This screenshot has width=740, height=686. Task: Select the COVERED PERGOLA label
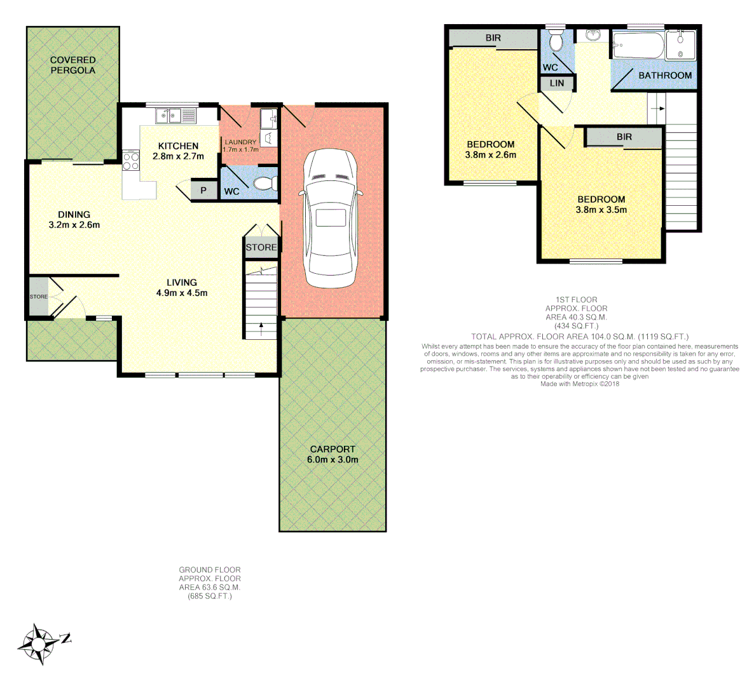[x=72, y=65]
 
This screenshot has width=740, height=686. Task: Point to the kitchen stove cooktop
[x=131, y=161]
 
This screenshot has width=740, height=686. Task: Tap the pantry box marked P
[x=203, y=190]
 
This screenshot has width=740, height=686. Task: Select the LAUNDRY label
[x=240, y=142]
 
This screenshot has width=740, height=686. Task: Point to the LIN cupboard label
[x=556, y=83]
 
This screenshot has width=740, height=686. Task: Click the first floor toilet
[x=556, y=41]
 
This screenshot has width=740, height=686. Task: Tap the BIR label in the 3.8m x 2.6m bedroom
[x=493, y=38]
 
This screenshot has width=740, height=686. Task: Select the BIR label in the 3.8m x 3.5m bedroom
[x=624, y=137]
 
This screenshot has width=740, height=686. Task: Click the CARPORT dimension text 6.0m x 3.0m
[x=332, y=459]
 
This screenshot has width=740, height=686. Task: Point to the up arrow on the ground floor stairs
[x=261, y=328]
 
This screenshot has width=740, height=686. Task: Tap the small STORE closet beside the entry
[x=38, y=297]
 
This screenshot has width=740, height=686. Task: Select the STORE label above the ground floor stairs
[x=261, y=247]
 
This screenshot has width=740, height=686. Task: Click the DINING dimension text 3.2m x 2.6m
[x=74, y=225]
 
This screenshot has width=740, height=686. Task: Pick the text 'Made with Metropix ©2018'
[x=579, y=384]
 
